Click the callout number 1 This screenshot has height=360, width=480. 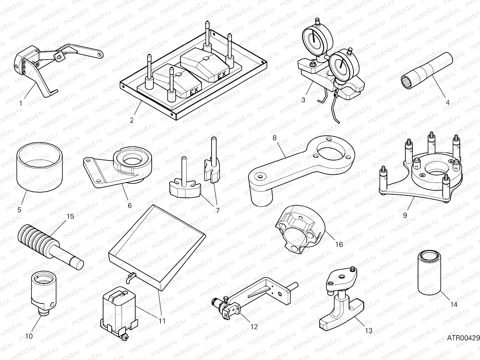pos(20,103)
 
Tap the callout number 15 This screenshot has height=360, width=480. pos(70,216)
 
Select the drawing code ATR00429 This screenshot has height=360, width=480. pos(463,338)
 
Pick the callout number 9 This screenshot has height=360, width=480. pos(405,215)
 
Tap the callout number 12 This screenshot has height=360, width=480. pos(254,327)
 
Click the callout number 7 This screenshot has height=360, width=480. pos(217,210)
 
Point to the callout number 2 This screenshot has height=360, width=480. pos(132,120)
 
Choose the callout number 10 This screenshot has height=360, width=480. pos(29,336)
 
